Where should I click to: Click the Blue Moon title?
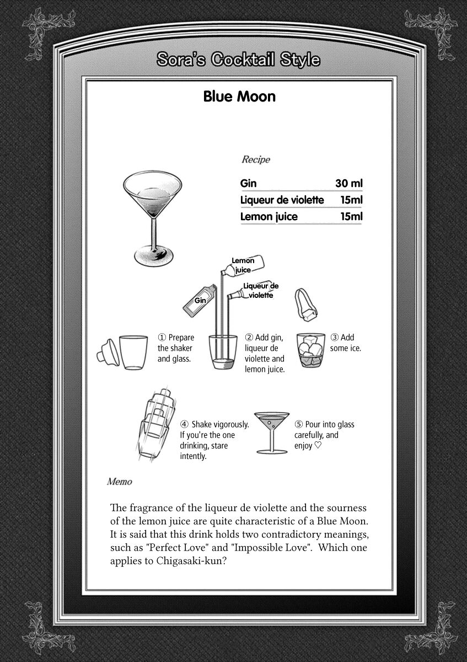[x=239, y=97]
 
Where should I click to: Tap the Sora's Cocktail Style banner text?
[x=238, y=60]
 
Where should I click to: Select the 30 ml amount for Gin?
[x=349, y=184]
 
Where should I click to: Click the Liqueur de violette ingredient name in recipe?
[x=282, y=200]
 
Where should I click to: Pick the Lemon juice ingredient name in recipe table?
[x=269, y=217]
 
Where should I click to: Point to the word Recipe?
[x=256, y=159]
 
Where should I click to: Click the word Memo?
[x=119, y=482]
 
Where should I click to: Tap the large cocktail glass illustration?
[x=152, y=217]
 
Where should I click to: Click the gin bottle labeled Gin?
[x=200, y=298]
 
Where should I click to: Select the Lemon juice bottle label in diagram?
[x=243, y=265]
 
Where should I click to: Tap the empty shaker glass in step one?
[x=133, y=352]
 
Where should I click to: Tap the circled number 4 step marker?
[x=184, y=425]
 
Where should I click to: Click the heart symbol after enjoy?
[x=318, y=446]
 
